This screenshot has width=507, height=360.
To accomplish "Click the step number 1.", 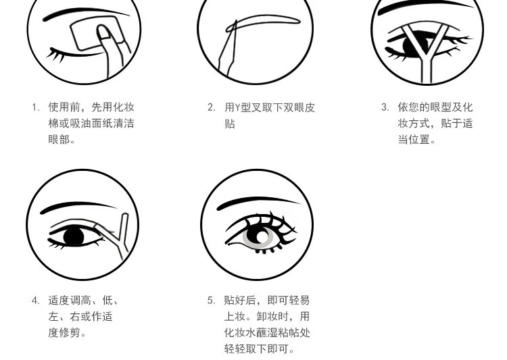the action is pyautogui.click(x=35, y=107).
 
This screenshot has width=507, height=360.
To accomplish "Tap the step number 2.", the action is pyautogui.click(x=211, y=107).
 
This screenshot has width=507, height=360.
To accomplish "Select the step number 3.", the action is pyautogui.click(x=385, y=107).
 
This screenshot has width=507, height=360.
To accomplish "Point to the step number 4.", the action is pyautogui.click(x=35, y=301).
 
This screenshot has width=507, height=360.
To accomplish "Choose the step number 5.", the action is pyautogui.click(x=211, y=301).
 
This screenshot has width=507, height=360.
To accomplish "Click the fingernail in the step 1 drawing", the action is pyautogui.click(x=103, y=32).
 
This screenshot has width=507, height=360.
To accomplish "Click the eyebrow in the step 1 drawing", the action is pyautogui.click(x=86, y=14).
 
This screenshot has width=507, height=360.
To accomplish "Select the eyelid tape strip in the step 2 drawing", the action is pyautogui.click(x=264, y=24).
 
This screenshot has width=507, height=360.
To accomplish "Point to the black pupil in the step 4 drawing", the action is pyautogui.click(x=74, y=236).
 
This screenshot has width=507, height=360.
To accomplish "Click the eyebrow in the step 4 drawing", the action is pyautogui.click(x=79, y=207).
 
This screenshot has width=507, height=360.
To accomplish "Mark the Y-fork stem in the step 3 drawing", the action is pyautogui.click(x=426, y=70).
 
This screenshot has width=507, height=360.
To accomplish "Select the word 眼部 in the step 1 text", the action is pyautogui.click(x=59, y=140).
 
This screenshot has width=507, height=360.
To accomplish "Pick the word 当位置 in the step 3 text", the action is pyautogui.click(x=414, y=140).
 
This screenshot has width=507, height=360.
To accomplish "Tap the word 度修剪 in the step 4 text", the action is pyautogui.click(x=64, y=332).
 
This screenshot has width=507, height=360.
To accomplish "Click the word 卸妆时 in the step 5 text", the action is pyautogui.click(x=272, y=316).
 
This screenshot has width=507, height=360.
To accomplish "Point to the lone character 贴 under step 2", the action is pyautogui.click(x=230, y=124).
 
